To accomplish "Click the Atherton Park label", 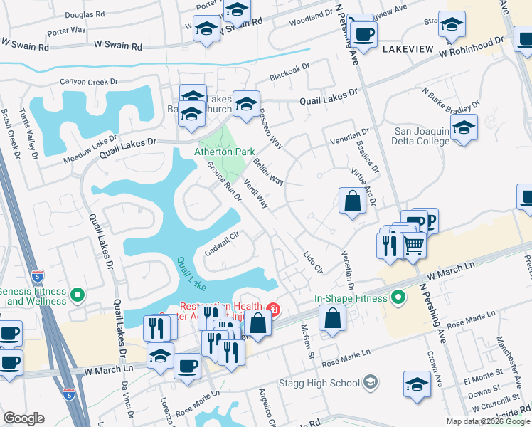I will pyautogui.click(x=225, y=152).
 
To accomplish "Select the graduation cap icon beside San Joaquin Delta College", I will pyautogui.click(x=464, y=129).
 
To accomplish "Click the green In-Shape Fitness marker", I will pyautogui.click(x=398, y=296).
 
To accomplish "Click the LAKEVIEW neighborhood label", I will pyautogui.click(x=408, y=49).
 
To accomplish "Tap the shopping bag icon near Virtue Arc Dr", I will pyautogui.click(x=353, y=201).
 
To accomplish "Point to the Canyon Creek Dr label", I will pyautogui.click(x=89, y=82).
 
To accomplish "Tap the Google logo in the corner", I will pyautogui.click(x=23, y=418).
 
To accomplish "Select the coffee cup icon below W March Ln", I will pyautogui.click(x=188, y=367).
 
